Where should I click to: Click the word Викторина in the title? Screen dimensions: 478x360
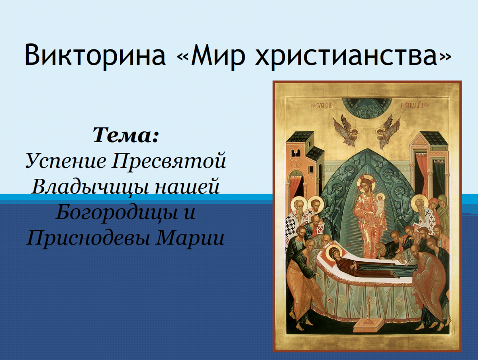[x=95, y=55]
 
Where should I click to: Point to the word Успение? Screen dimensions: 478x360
[x=66, y=161]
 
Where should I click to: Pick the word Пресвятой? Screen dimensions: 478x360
[x=168, y=160]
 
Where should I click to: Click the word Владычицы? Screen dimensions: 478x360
[x=90, y=187]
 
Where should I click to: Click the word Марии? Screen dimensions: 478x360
[x=190, y=237]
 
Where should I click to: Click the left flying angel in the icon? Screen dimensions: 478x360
[x=346, y=130]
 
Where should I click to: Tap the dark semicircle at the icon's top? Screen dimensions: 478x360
[x=367, y=108]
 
